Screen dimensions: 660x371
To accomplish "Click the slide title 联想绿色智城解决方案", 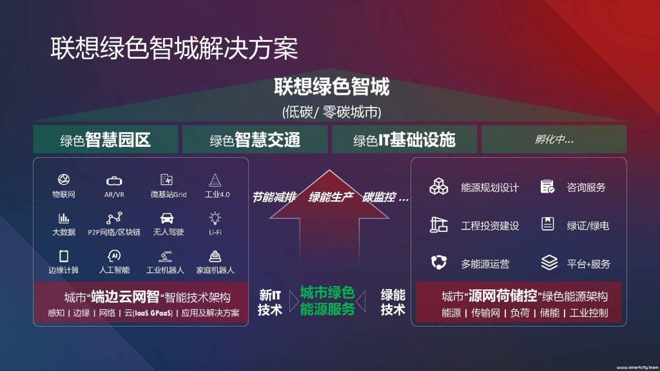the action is tap(174, 48).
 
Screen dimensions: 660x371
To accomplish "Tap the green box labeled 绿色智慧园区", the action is tap(106, 139).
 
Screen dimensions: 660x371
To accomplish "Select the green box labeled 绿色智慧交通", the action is tap(255, 139).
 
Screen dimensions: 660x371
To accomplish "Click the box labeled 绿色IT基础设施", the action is tap(405, 139).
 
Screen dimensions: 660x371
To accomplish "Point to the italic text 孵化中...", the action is tap(554, 139).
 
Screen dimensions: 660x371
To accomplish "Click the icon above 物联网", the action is tap(64, 180).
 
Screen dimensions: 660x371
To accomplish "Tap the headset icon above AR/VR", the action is tap(114, 181).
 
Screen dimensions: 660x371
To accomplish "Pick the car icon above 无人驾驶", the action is tap(167, 218).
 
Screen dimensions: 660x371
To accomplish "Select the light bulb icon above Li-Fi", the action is tap(215, 218).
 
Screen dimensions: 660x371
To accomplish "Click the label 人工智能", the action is tap(114, 270).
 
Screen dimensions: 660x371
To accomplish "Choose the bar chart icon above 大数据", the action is tap(64, 218).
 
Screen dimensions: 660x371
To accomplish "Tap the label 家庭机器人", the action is tap(215, 270).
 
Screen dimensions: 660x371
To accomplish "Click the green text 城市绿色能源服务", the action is tap(327, 301).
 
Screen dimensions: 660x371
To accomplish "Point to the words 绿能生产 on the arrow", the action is tap(331, 197).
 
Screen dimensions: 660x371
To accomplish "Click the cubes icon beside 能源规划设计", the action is tap(438, 186).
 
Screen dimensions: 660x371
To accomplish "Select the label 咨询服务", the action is tap(586, 187).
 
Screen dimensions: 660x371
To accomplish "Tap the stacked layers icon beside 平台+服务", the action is tap(549, 263).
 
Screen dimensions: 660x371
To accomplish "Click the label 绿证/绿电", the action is tap(588, 226).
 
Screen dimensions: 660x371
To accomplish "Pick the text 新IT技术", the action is tap(270, 303).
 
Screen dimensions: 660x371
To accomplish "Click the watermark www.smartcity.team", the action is tap(637, 367).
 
